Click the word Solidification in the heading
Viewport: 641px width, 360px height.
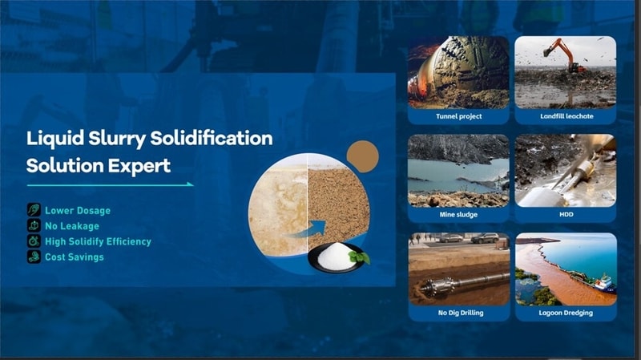tap(212, 138)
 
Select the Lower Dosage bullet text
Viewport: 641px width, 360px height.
tap(77, 211)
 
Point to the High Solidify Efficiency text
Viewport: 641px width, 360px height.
tap(98, 241)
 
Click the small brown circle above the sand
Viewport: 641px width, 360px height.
tap(361, 156)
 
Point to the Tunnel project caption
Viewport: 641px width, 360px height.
tap(458, 116)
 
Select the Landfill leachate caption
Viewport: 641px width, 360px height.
tap(566, 116)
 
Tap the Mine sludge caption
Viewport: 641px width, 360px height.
tap(458, 215)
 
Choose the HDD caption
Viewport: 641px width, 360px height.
tap(566, 215)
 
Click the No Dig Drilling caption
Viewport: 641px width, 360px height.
tap(458, 313)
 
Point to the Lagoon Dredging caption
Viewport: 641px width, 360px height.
tap(566, 313)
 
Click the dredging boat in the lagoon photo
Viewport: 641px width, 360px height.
tap(599, 283)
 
